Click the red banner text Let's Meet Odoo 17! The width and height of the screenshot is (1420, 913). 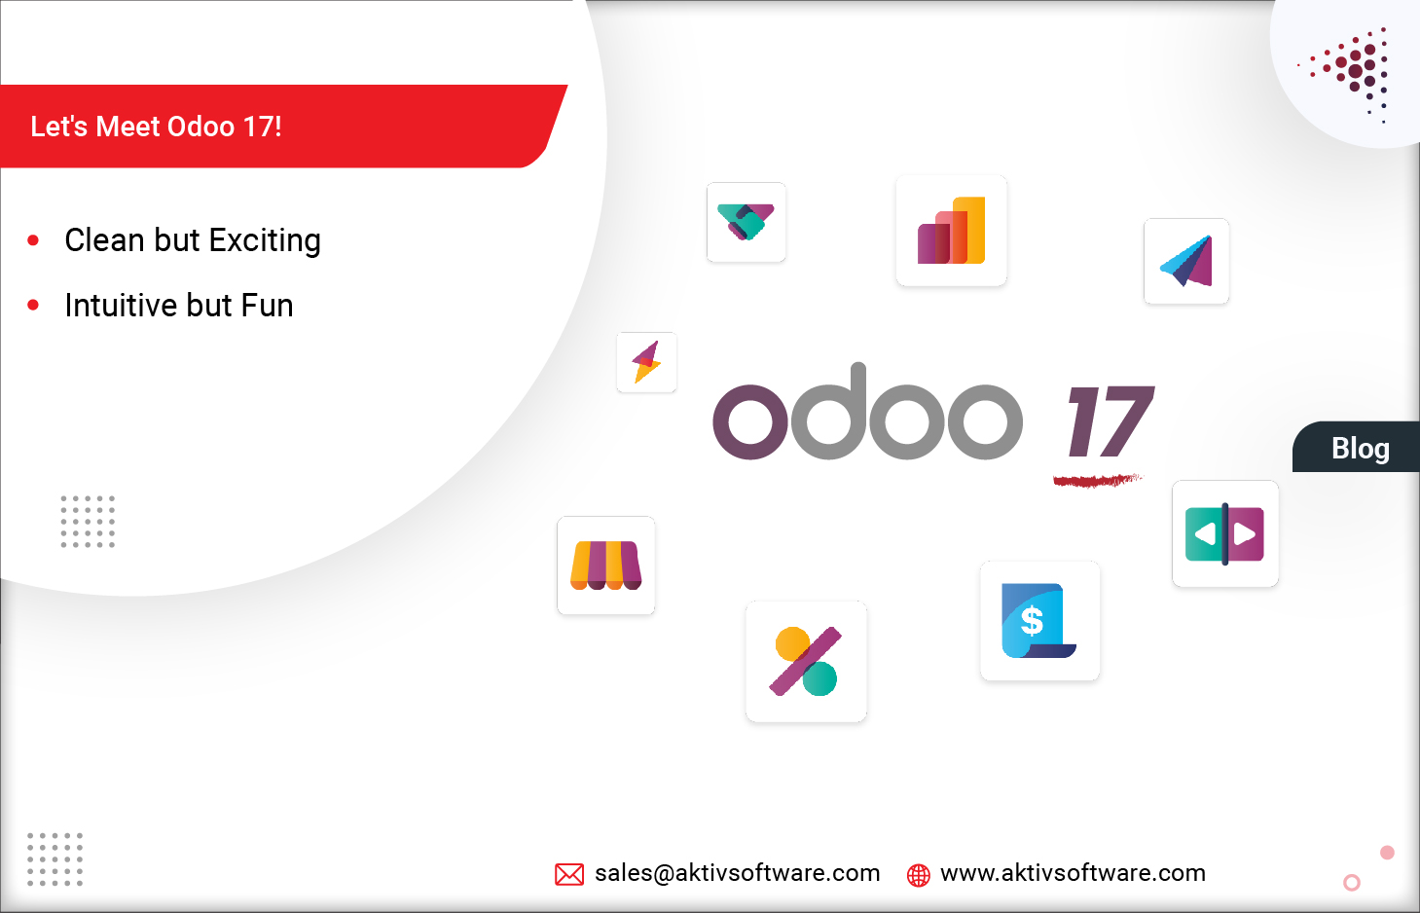click(x=157, y=127)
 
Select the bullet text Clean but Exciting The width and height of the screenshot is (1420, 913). click(x=192, y=240)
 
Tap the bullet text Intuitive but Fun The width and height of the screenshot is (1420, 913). click(x=178, y=306)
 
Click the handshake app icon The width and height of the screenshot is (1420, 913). click(x=746, y=222)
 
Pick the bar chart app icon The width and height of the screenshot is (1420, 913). click(x=951, y=231)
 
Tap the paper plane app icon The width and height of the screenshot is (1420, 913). click(x=1186, y=261)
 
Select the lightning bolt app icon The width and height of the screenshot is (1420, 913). click(x=646, y=362)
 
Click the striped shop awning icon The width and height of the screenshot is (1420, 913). click(x=605, y=566)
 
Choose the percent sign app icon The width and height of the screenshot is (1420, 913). click(x=806, y=662)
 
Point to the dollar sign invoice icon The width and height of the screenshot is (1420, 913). click(x=1039, y=621)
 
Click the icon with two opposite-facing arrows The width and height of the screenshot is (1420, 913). click(x=1224, y=533)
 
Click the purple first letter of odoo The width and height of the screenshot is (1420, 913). click(x=749, y=421)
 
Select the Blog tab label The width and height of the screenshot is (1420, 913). click(x=1360, y=449)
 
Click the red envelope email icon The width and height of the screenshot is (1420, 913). click(x=569, y=874)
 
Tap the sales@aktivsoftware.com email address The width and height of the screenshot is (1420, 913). click(x=737, y=873)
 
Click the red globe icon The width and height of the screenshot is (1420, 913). click(x=918, y=875)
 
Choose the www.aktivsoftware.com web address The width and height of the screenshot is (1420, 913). click(x=1073, y=873)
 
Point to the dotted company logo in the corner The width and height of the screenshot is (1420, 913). click(x=1353, y=70)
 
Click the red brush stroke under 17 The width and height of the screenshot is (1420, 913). click(x=1096, y=480)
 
